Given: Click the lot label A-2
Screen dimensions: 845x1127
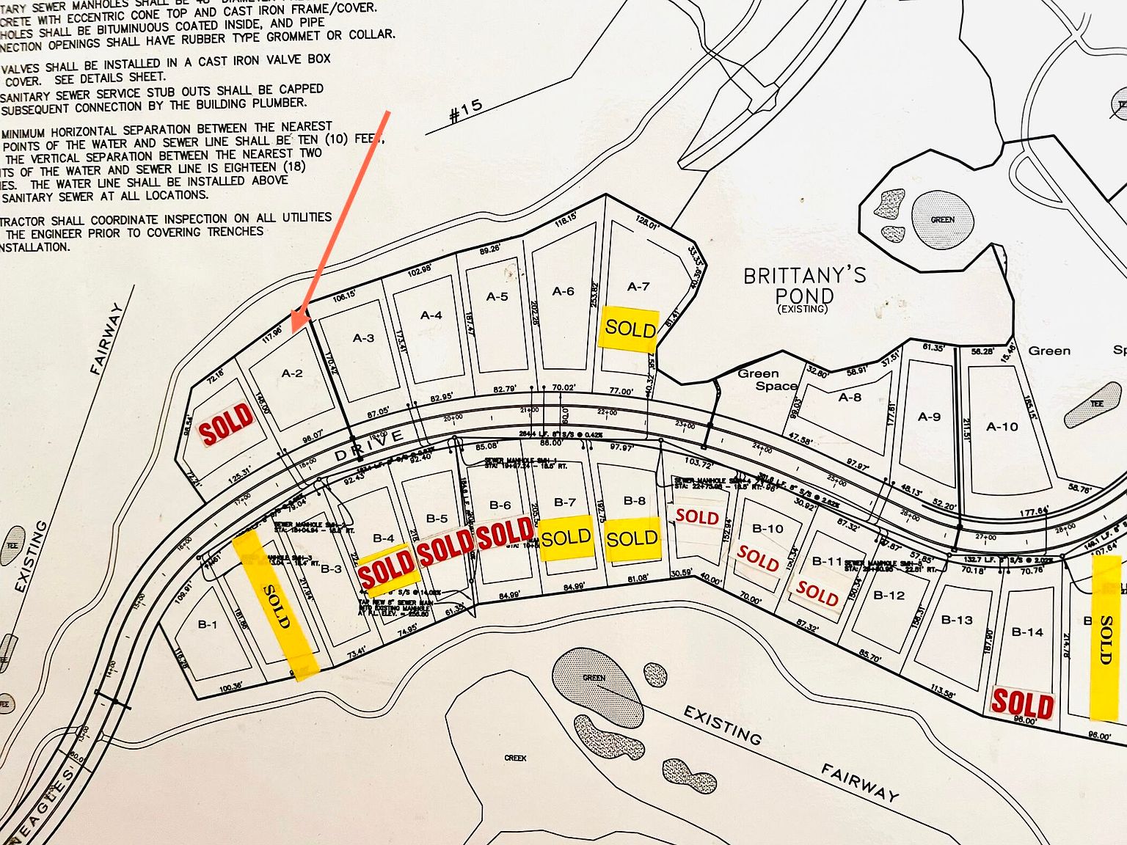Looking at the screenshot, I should (x=292, y=373).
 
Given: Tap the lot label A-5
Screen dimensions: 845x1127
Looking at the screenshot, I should (x=497, y=296).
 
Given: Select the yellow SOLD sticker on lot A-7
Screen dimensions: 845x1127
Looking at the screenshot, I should (x=630, y=328).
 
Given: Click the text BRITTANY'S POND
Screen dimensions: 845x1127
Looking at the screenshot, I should (x=805, y=286).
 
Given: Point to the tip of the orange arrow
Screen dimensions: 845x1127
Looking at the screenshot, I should (x=293, y=332).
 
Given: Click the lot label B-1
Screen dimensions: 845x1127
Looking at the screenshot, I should (x=208, y=625).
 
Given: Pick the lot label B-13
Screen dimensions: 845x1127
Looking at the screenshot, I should (x=957, y=620).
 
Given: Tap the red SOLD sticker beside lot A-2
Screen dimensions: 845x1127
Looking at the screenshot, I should (x=227, y=425).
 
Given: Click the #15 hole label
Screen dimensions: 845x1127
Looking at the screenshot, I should (x=466, y=110).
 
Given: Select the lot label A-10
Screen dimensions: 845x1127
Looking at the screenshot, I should (x=1002, y=426).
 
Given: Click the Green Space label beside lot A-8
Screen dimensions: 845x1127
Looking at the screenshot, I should (x=767, y=379).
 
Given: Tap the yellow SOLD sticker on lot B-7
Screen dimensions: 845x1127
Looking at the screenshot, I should (x=566, y=538).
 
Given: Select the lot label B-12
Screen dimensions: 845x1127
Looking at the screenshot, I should (x=889, y=595).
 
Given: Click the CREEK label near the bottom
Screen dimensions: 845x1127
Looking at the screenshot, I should (x=515, y=758).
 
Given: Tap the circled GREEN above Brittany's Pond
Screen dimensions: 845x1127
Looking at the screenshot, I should (x=942, y=219).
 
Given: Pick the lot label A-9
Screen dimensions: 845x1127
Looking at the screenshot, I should (x=929, y=417).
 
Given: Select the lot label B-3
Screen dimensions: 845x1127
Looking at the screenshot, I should (x=331, y=568).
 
